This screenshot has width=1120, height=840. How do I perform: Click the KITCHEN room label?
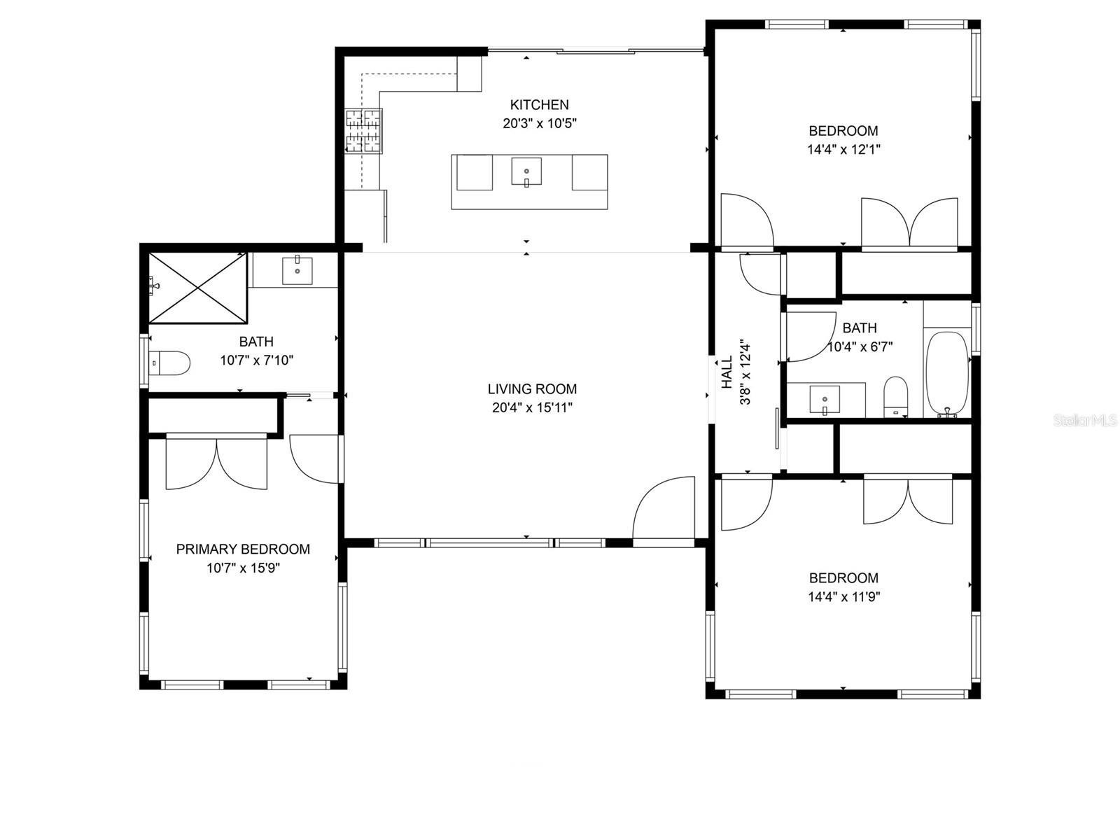(x=539, y=104)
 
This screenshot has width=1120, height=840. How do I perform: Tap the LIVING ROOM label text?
(x=532, y=389)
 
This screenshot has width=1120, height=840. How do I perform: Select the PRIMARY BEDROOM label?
(x=243, y=549)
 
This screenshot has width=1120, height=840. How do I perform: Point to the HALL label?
(x=727, y=372)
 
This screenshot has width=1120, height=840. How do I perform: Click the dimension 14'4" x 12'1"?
(x=843, y=149)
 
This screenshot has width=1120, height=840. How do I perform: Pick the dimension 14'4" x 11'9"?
(x=843, y=596)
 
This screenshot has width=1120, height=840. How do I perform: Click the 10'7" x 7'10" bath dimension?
(x=256, y=360)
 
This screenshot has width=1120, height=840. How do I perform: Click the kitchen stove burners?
(x=364, y=131)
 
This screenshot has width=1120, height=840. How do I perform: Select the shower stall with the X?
(x=198, y=288)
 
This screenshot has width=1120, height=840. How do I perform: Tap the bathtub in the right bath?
(x=947, y=375)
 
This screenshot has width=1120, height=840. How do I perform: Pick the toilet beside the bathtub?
(x=895, y=396)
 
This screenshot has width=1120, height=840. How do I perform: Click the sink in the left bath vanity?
(x=297, y=270)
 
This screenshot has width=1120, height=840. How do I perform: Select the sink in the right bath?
(x=825, y=400)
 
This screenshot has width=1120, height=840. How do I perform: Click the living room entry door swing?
(x=664, y=507)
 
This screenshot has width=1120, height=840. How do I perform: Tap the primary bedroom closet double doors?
(x=216, y=462)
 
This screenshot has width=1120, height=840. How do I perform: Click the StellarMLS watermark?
(x=1084, y=421)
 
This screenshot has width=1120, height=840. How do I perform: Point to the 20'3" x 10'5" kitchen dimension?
(x=539, y=123)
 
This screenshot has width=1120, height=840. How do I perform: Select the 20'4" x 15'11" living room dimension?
(x=532, y=408)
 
